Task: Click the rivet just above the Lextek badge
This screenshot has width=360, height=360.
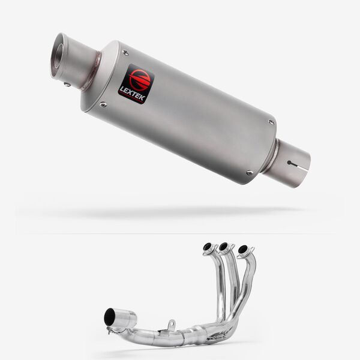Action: coord(125,53)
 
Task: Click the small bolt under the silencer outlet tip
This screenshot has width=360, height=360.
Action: coord(68,85)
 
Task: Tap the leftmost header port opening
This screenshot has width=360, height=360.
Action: coord(208,247)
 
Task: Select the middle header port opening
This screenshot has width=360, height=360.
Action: coord(224,246)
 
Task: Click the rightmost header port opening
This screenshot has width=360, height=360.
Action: coord(243,248)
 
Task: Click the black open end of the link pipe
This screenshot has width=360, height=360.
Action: coord(110,317)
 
